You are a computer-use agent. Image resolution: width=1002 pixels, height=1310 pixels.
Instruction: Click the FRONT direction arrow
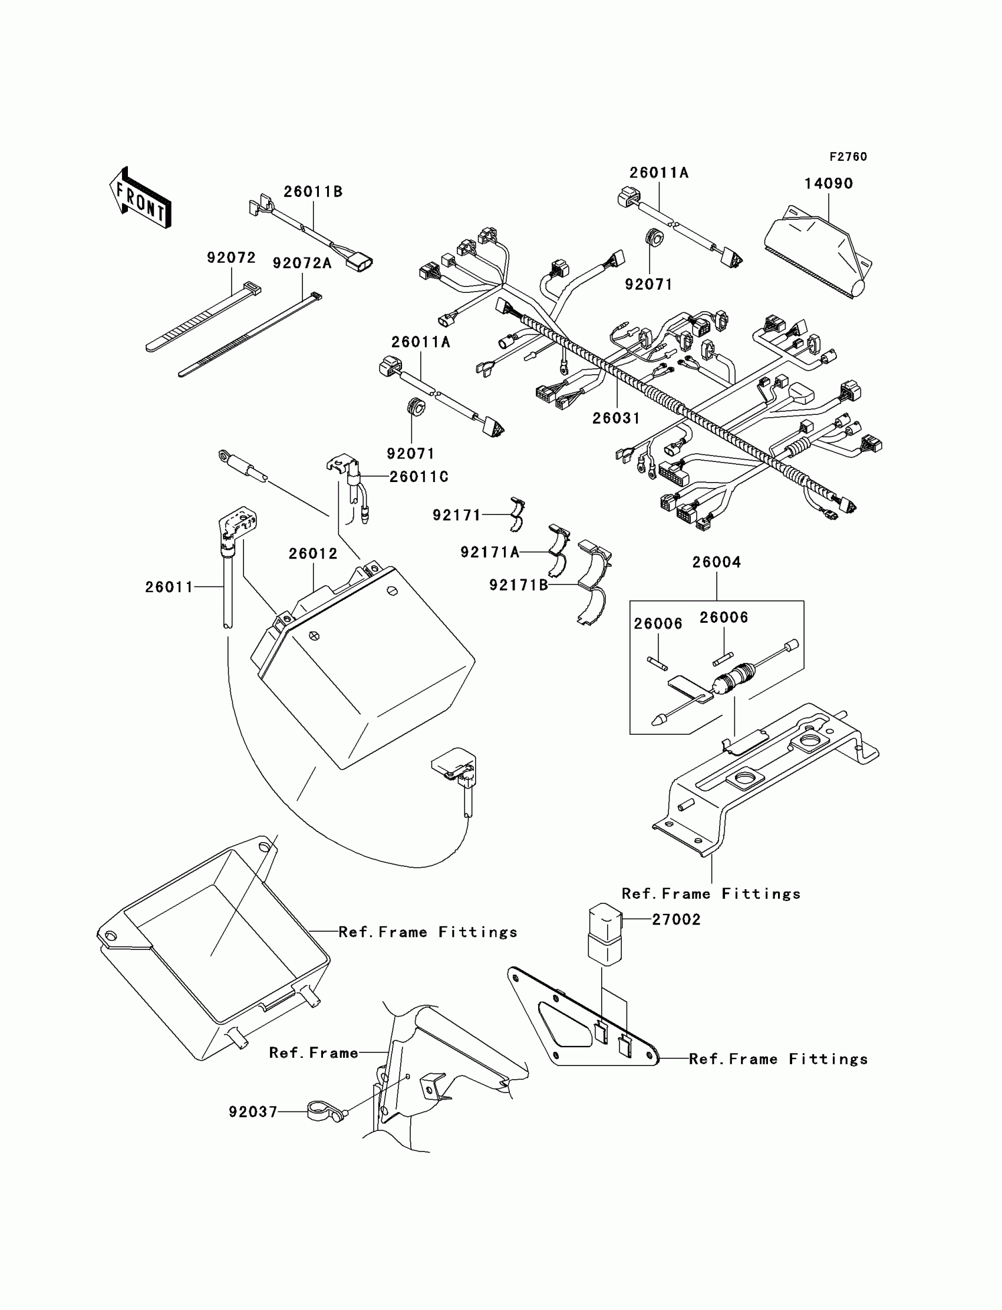141,198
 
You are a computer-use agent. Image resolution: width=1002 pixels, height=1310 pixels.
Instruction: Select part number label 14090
829,184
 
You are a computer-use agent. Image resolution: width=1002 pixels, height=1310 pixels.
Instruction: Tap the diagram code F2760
848,157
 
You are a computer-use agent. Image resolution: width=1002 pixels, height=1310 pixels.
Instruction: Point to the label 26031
615,418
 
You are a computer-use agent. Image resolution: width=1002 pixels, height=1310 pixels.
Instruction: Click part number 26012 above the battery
313,553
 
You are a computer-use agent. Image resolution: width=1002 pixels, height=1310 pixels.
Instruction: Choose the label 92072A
302,263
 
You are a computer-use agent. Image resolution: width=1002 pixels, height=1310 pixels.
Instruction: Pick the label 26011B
312,192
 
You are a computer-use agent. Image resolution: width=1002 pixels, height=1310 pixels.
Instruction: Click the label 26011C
418,476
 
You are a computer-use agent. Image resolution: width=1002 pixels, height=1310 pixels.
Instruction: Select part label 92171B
518,585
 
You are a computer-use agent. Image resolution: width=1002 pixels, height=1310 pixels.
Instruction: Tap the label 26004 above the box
716,562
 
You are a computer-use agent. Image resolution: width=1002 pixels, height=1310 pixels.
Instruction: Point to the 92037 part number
253,1112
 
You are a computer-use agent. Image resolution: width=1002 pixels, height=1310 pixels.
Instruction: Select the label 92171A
490,553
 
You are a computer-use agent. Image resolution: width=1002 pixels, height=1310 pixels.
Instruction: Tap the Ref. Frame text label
314,1053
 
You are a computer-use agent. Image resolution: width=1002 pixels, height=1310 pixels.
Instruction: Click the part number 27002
675,919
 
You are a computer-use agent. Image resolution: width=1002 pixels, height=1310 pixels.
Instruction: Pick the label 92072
231,258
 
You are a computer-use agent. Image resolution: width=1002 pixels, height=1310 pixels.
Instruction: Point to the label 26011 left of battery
169,587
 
